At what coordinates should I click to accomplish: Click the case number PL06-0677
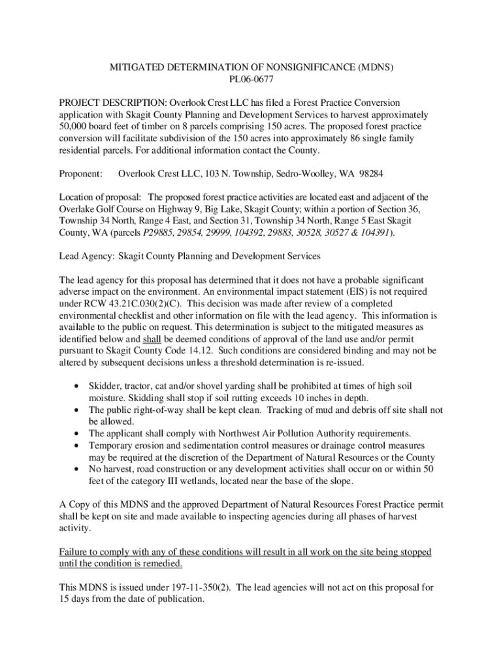(251, 80)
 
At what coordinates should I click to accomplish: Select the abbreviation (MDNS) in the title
(372, 67)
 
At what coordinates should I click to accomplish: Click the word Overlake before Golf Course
(79, 209)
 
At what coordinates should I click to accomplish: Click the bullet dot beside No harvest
(78, 469)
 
